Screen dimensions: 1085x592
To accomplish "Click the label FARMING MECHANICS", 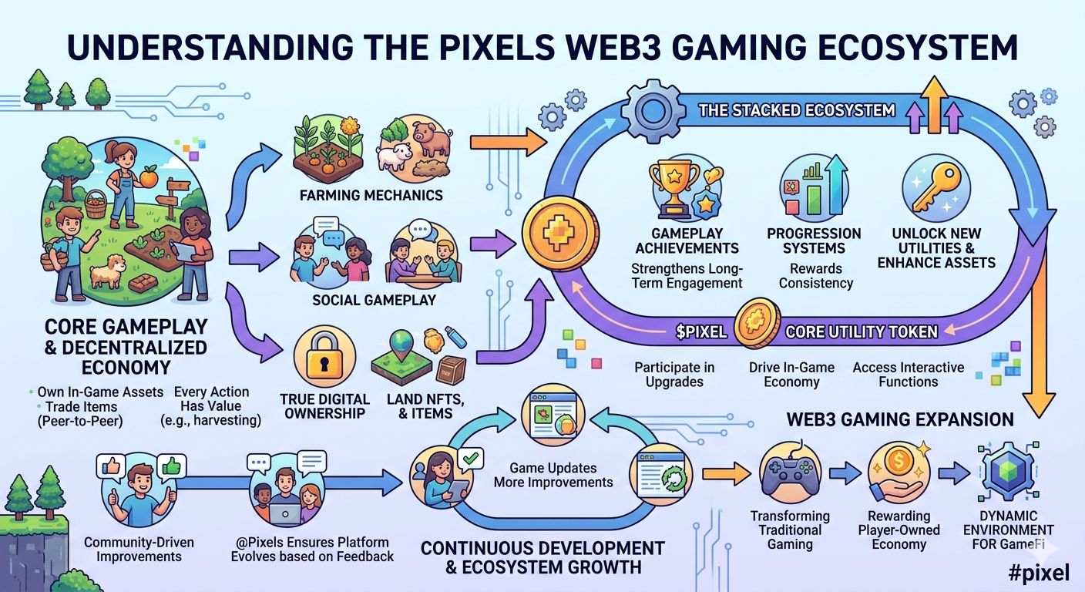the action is click(371, 195).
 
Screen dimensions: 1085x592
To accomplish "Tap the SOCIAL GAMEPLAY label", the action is click(375, 300).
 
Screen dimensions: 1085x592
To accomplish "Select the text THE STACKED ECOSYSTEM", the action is click(797, 110).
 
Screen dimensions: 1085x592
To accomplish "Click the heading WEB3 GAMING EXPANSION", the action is click(900, 420).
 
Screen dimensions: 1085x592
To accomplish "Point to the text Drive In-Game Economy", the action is click(791, 375).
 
